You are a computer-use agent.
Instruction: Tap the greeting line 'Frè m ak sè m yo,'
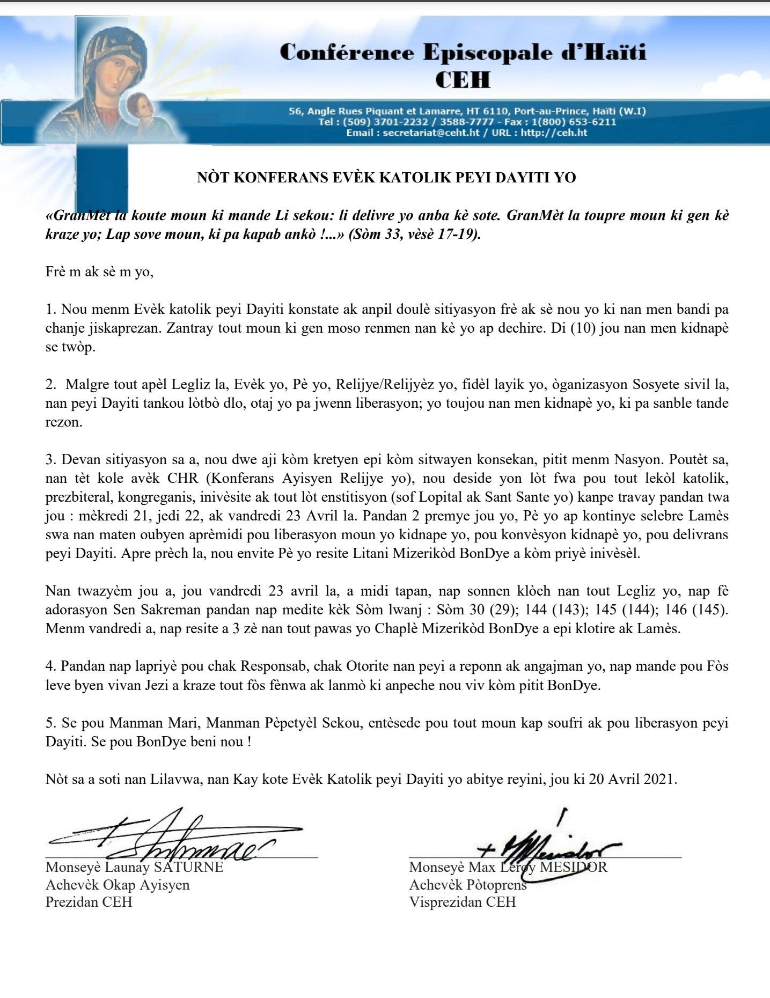tap(99, 272)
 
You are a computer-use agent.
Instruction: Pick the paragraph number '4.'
tap(51, 666)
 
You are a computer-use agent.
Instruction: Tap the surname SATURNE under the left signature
tap(189, 868)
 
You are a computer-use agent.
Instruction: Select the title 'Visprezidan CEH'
tap(462, 901)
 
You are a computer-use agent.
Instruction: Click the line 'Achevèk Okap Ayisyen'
tap(117, 884)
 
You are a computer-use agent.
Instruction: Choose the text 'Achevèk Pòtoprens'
tap(467, 884)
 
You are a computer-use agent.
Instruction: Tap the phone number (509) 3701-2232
tap(381, 122)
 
